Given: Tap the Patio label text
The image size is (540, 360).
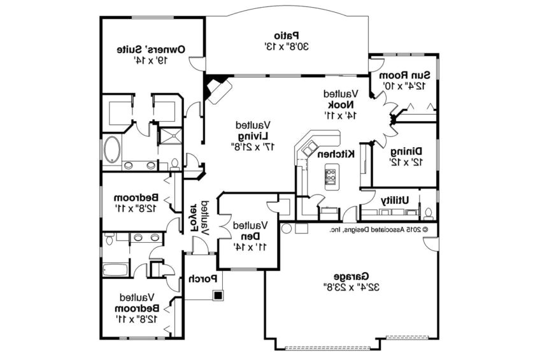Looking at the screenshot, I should (x=287, y=36).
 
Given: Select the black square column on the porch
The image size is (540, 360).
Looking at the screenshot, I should (x=218, y=295).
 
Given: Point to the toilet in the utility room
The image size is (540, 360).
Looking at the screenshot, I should (x=429, y=213).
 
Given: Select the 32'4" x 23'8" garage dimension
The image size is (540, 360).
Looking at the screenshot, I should (x=350, y=287).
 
